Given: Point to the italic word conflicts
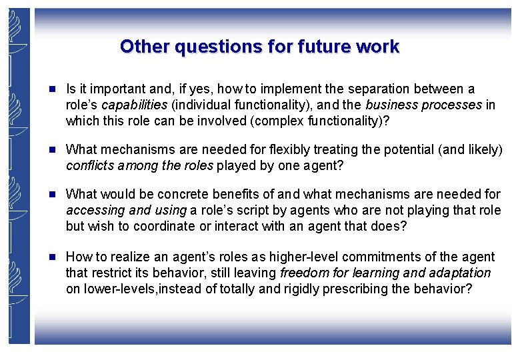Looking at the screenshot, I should pos(90,165).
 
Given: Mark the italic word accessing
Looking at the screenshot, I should pos(93,210).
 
